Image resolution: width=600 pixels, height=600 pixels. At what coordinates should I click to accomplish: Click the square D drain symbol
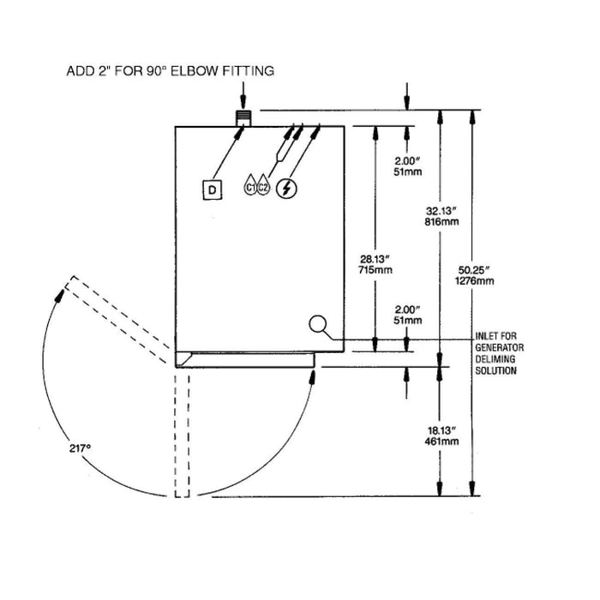[x=212, y=189]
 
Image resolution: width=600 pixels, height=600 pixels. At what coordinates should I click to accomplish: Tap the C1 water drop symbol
[x=252, y=186]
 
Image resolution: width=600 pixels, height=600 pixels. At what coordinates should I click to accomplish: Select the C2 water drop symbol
[x=265, y=186]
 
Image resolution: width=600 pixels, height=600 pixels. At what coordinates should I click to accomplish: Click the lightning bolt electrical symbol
[x=289, y=188]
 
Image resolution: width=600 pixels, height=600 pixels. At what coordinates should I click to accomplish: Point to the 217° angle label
[x=82, y=447]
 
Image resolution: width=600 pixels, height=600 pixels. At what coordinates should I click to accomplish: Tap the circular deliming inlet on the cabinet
[x=318, y=324]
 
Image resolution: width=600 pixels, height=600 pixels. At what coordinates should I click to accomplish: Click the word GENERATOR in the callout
[x=499, y=347]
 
